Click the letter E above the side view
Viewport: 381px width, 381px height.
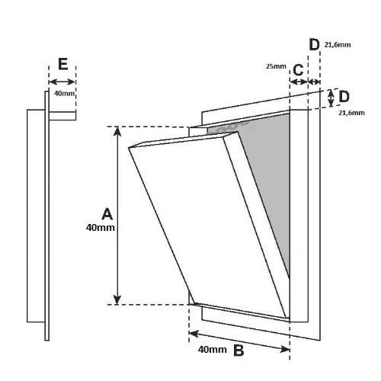point(63,64)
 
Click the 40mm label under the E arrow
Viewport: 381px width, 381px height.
point(65,94)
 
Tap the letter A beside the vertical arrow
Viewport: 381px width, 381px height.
point(107,214)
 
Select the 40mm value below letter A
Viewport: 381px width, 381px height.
point(101,228)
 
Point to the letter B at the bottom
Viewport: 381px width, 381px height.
point(239,351)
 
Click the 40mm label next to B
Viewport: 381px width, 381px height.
point(213,350)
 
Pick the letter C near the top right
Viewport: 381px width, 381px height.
point(298,70)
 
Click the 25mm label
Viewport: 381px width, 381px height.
point(276,66)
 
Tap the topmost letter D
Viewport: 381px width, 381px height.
point(314,45)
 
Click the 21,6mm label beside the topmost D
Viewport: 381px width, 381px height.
point(338,45)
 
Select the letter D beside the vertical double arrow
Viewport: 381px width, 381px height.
point(344,97)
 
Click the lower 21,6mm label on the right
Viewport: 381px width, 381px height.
point(351,113)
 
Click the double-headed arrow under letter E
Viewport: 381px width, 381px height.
point(62,82)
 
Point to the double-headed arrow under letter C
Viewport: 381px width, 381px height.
point(299,82)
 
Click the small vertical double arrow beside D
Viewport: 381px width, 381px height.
point(331,98)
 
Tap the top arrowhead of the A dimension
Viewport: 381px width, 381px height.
point(117,130)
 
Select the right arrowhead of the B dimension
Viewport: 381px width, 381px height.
point(285,349)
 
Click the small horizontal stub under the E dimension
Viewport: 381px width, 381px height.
point(62,116)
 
